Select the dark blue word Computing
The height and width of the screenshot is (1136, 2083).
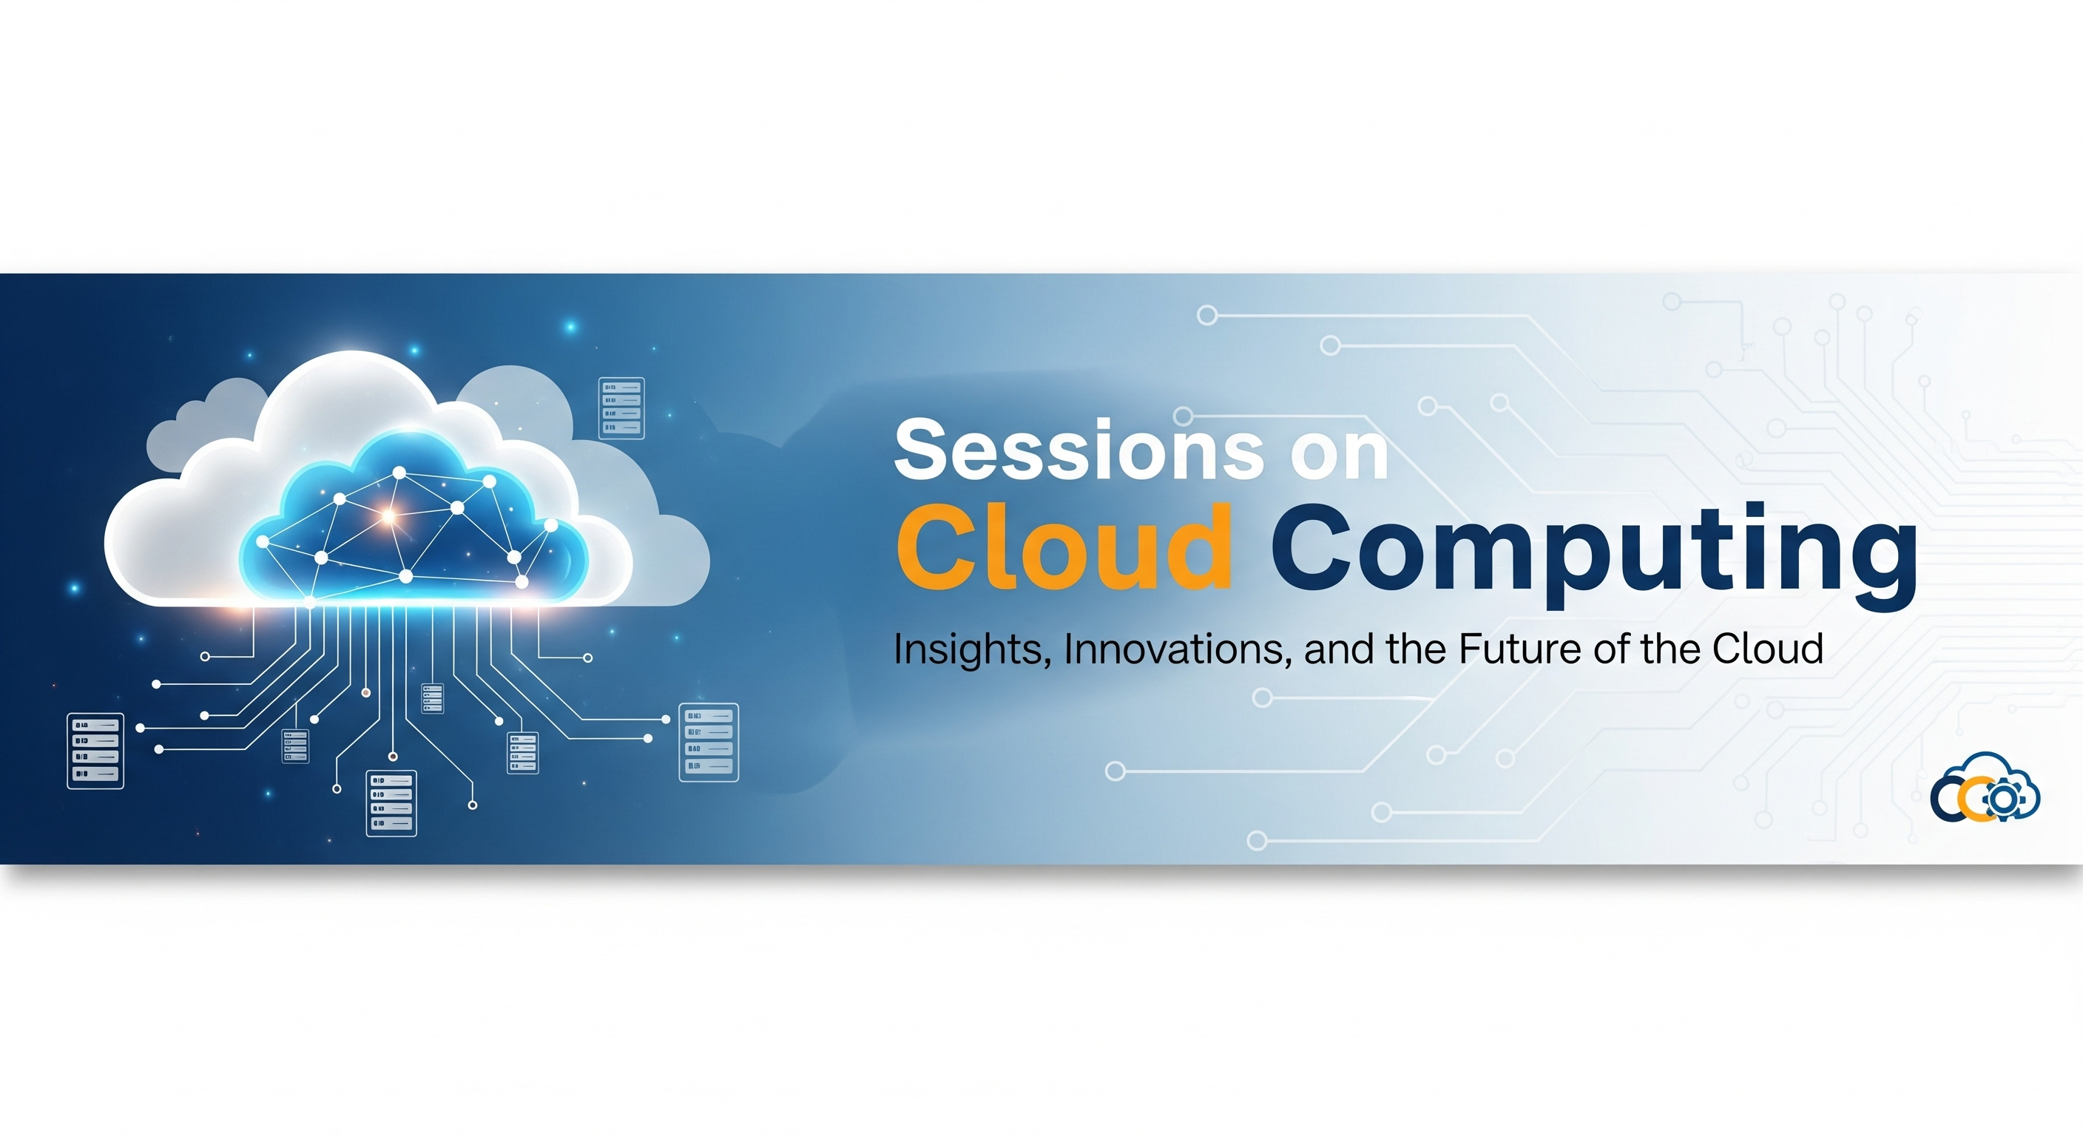point(1593,550)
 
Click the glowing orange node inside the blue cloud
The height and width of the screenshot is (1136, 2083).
point(388,515)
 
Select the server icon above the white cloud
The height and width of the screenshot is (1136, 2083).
point(621,408)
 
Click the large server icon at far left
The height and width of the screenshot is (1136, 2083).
point(95,751)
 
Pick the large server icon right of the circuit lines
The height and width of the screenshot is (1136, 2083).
point(709,743)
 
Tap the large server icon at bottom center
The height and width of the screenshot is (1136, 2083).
point(391,803)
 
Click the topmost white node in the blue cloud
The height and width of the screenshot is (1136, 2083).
point(399,471)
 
